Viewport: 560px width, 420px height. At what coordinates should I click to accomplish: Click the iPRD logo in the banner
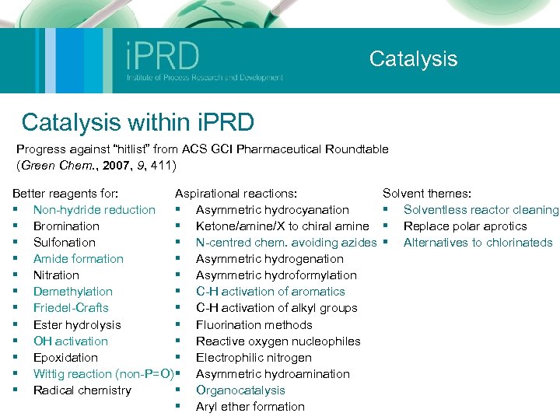204,61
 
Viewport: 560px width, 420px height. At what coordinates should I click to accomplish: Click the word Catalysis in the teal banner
413,59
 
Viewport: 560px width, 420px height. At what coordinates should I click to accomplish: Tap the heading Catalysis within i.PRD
138,122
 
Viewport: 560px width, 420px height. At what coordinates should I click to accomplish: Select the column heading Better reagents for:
65,193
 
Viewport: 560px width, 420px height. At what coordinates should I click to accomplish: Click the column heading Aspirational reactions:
237,193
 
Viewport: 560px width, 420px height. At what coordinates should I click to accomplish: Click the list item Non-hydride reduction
94,209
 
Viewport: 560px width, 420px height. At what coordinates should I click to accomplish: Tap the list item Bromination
66,226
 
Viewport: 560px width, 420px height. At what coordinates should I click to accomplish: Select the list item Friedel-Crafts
71,308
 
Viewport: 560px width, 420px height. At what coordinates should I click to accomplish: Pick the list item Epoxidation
65,358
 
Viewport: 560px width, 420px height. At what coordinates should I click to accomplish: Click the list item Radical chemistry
82,390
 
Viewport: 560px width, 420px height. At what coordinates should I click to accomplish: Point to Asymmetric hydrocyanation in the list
272,209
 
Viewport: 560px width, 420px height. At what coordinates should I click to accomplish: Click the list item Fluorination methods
254,325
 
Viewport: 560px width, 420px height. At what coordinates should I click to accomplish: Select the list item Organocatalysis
240,390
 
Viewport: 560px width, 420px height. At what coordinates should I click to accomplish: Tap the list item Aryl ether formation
250,407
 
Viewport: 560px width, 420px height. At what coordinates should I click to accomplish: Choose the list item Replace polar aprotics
465,226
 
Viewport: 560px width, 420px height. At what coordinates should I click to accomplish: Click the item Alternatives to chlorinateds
478,242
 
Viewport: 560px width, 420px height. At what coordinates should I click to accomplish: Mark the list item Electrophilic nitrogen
254,358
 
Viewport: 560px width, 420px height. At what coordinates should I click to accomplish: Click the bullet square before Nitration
15,275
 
